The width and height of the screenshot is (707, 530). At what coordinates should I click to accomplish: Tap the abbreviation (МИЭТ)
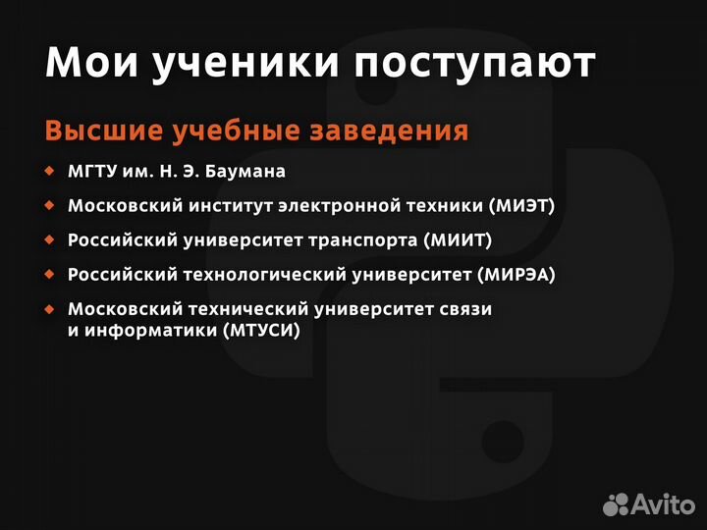coord(521,206)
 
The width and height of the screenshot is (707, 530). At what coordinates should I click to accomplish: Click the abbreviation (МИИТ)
coord(458,239)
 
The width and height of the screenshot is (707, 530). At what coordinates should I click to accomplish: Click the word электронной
coord(350,206)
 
